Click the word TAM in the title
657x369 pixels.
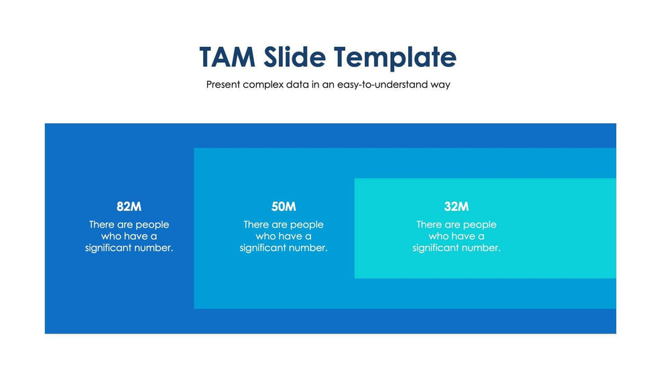click(x=227, y=57)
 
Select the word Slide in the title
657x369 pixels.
click(x=294, y=57)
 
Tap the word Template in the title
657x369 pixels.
click(x=395, y=58)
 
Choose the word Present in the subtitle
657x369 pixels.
click(x=223, y=84)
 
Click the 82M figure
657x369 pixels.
click(x=129, y=206)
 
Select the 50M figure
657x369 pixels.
click(x=284, y=206)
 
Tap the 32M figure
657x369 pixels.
click(x=457, y=206)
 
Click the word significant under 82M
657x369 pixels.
click(x=109, y=248)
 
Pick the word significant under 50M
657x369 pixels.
click(x=263, y=248)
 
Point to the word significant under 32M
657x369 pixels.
click(x=436, y=248)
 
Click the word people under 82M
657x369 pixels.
click(x=152, y=225)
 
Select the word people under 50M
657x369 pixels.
click(x=307, y=225)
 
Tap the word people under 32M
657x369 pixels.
click(x=479, y=225)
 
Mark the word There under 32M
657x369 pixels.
click(x=428, y=224)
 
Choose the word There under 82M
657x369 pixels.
click(x=101, y=224)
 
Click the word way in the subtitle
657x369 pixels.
click(x=440, y=85)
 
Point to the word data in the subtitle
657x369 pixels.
click(x=297, y=84)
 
